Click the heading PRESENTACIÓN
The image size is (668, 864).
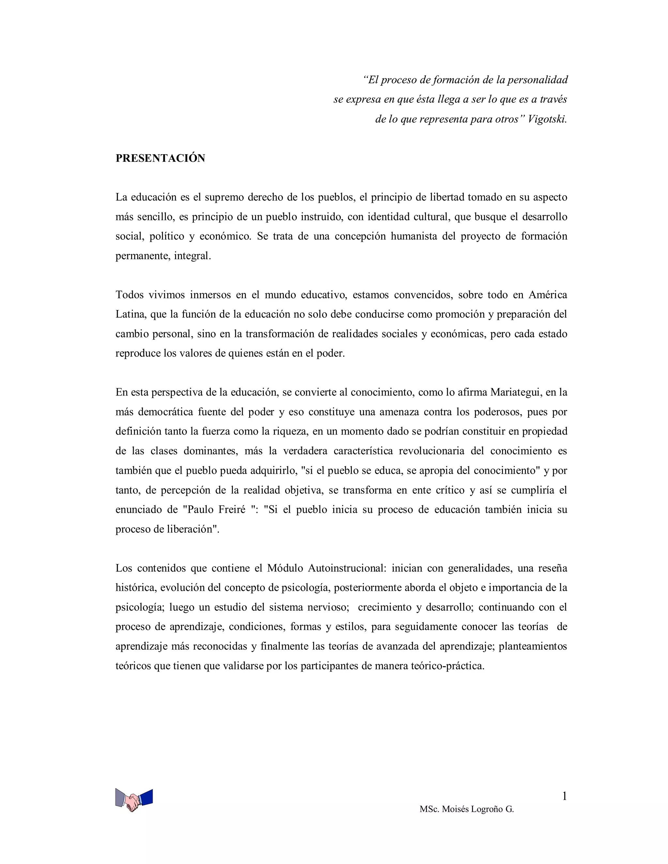tap(160, 158)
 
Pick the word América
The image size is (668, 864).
tap(548, 295)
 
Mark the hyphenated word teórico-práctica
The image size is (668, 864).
tap(447, 666)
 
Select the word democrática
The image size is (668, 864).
tap(165, 412)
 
